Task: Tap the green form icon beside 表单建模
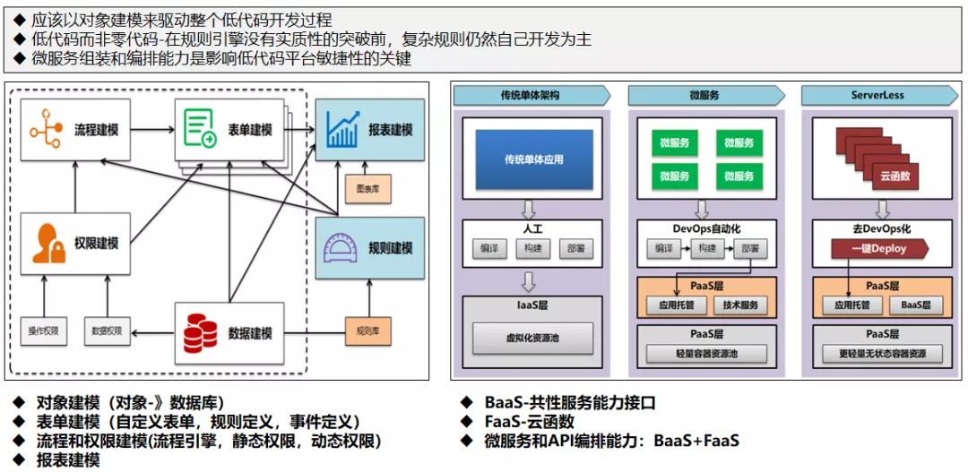pyautogui.click(x=199, y=130)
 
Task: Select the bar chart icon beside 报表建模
pyautogui.click(x=341, y=130)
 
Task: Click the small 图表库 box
pyautogui.click(x=367, y=189)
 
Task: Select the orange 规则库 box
pyautogui.click(x=367, y=331)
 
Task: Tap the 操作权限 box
pyautogui.click(x=43, y=331)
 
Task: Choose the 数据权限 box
pyautogui.click(x=107, y=331)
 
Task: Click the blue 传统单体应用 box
pyautogui.click(x=534, y=159)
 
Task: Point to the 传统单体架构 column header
pyautogui.click(x=531, y=95)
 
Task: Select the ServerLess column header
pyautogui.click(x=877, y=95)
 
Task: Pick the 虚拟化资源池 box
pyautogui.click(x=534, y=340)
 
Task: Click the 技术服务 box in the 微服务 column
pyautogui.click(x=740, y=305)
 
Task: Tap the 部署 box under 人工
pyautogui.click(x=575, y=248)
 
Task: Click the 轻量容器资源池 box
pyautogui.click(x=706, y=354)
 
